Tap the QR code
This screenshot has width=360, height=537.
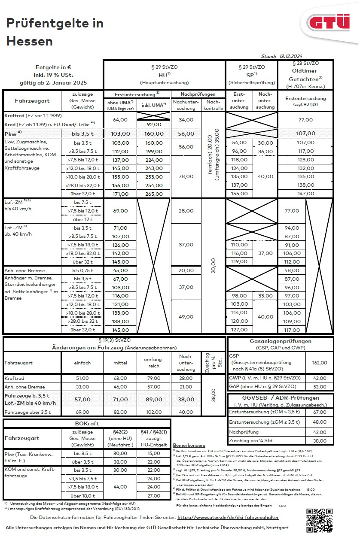click(319, 520)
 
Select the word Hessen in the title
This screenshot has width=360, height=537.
click(30, 41)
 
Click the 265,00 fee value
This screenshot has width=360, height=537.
click(154, 194)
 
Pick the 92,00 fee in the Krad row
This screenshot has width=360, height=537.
click(154, 124)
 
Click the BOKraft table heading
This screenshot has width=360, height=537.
click(87, 423)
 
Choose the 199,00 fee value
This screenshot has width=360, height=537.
click(154, 151)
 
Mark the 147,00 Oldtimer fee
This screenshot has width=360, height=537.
click(292, 194)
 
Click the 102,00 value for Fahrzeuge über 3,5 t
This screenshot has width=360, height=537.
click(154, 412)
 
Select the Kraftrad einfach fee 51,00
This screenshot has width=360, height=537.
click(82, 378)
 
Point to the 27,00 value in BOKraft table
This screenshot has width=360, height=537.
click(154, 495)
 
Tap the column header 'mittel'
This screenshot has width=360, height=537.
click(120, 363)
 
